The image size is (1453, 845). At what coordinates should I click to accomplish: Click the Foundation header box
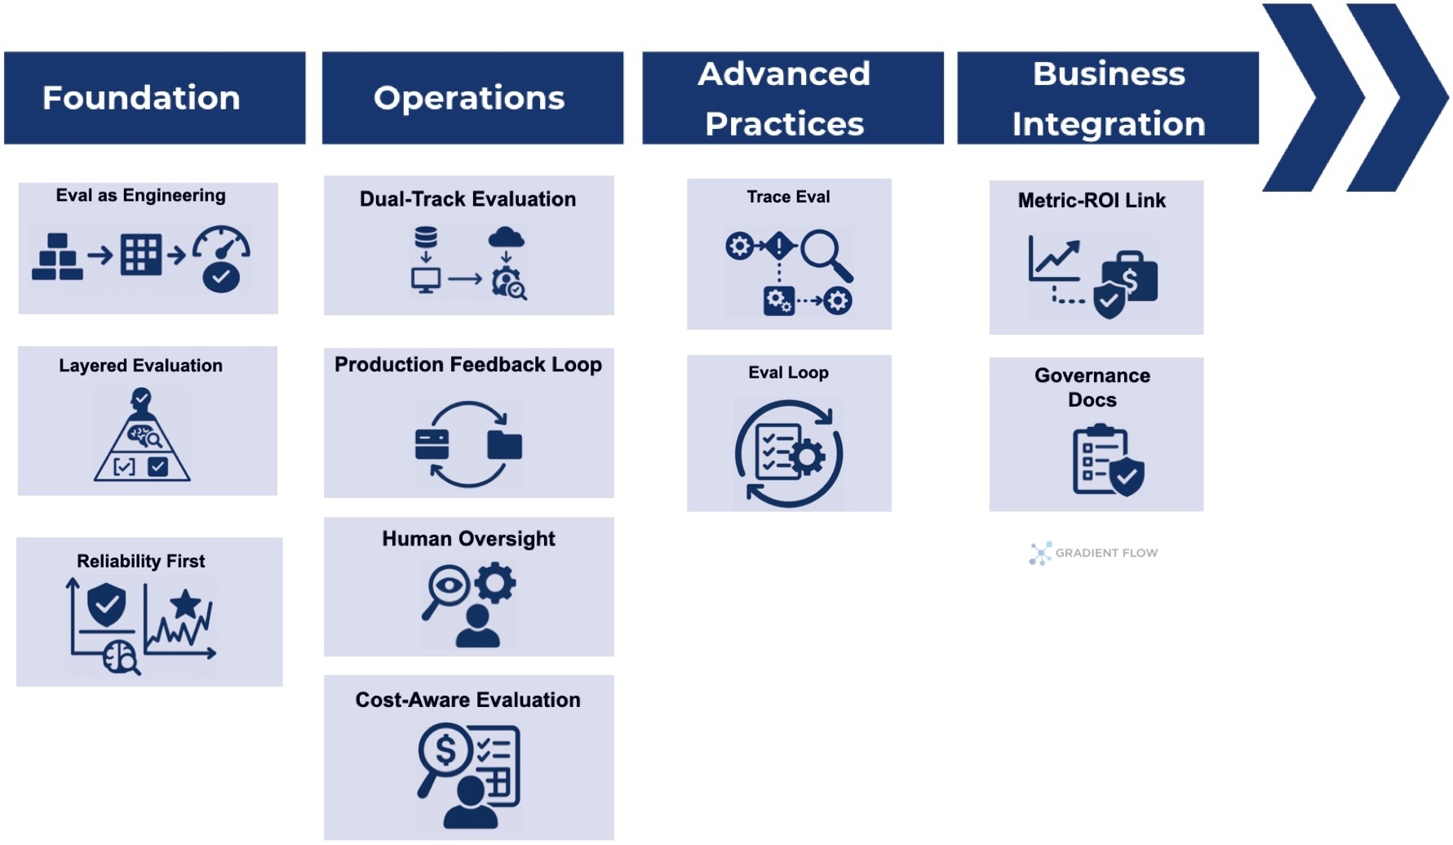click(154, 98)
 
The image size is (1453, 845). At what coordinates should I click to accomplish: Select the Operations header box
click(472, 98)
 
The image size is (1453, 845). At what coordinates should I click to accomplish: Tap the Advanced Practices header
click(791, 98)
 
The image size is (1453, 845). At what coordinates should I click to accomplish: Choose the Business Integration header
click(1107, 98)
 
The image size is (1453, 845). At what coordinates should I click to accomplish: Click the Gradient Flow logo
click(1093, 553)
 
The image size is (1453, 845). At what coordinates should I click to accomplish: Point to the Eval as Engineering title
click(140, 195)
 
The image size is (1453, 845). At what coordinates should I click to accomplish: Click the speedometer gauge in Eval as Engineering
click(221, 258)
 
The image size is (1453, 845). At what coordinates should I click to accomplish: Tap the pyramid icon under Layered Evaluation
click(142, 445)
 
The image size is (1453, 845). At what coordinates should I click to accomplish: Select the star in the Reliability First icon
click(185, 604)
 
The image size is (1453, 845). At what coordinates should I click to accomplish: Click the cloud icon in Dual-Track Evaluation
click(506, 238)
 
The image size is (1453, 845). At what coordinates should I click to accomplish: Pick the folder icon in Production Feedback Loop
click(504, 445)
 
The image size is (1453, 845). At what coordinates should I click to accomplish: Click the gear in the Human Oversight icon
click(494, 583)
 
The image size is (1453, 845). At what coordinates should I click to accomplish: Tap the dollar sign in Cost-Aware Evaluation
click(445, 749)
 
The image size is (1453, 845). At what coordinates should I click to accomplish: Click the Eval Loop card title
click(788, 372)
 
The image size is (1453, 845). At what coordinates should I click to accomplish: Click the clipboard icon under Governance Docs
click(1101, 460)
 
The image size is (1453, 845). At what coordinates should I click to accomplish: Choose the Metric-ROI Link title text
click(1092, 200)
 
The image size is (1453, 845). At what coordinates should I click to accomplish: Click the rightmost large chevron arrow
click(1398, 98)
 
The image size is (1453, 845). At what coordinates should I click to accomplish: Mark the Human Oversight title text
click(468, 539)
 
